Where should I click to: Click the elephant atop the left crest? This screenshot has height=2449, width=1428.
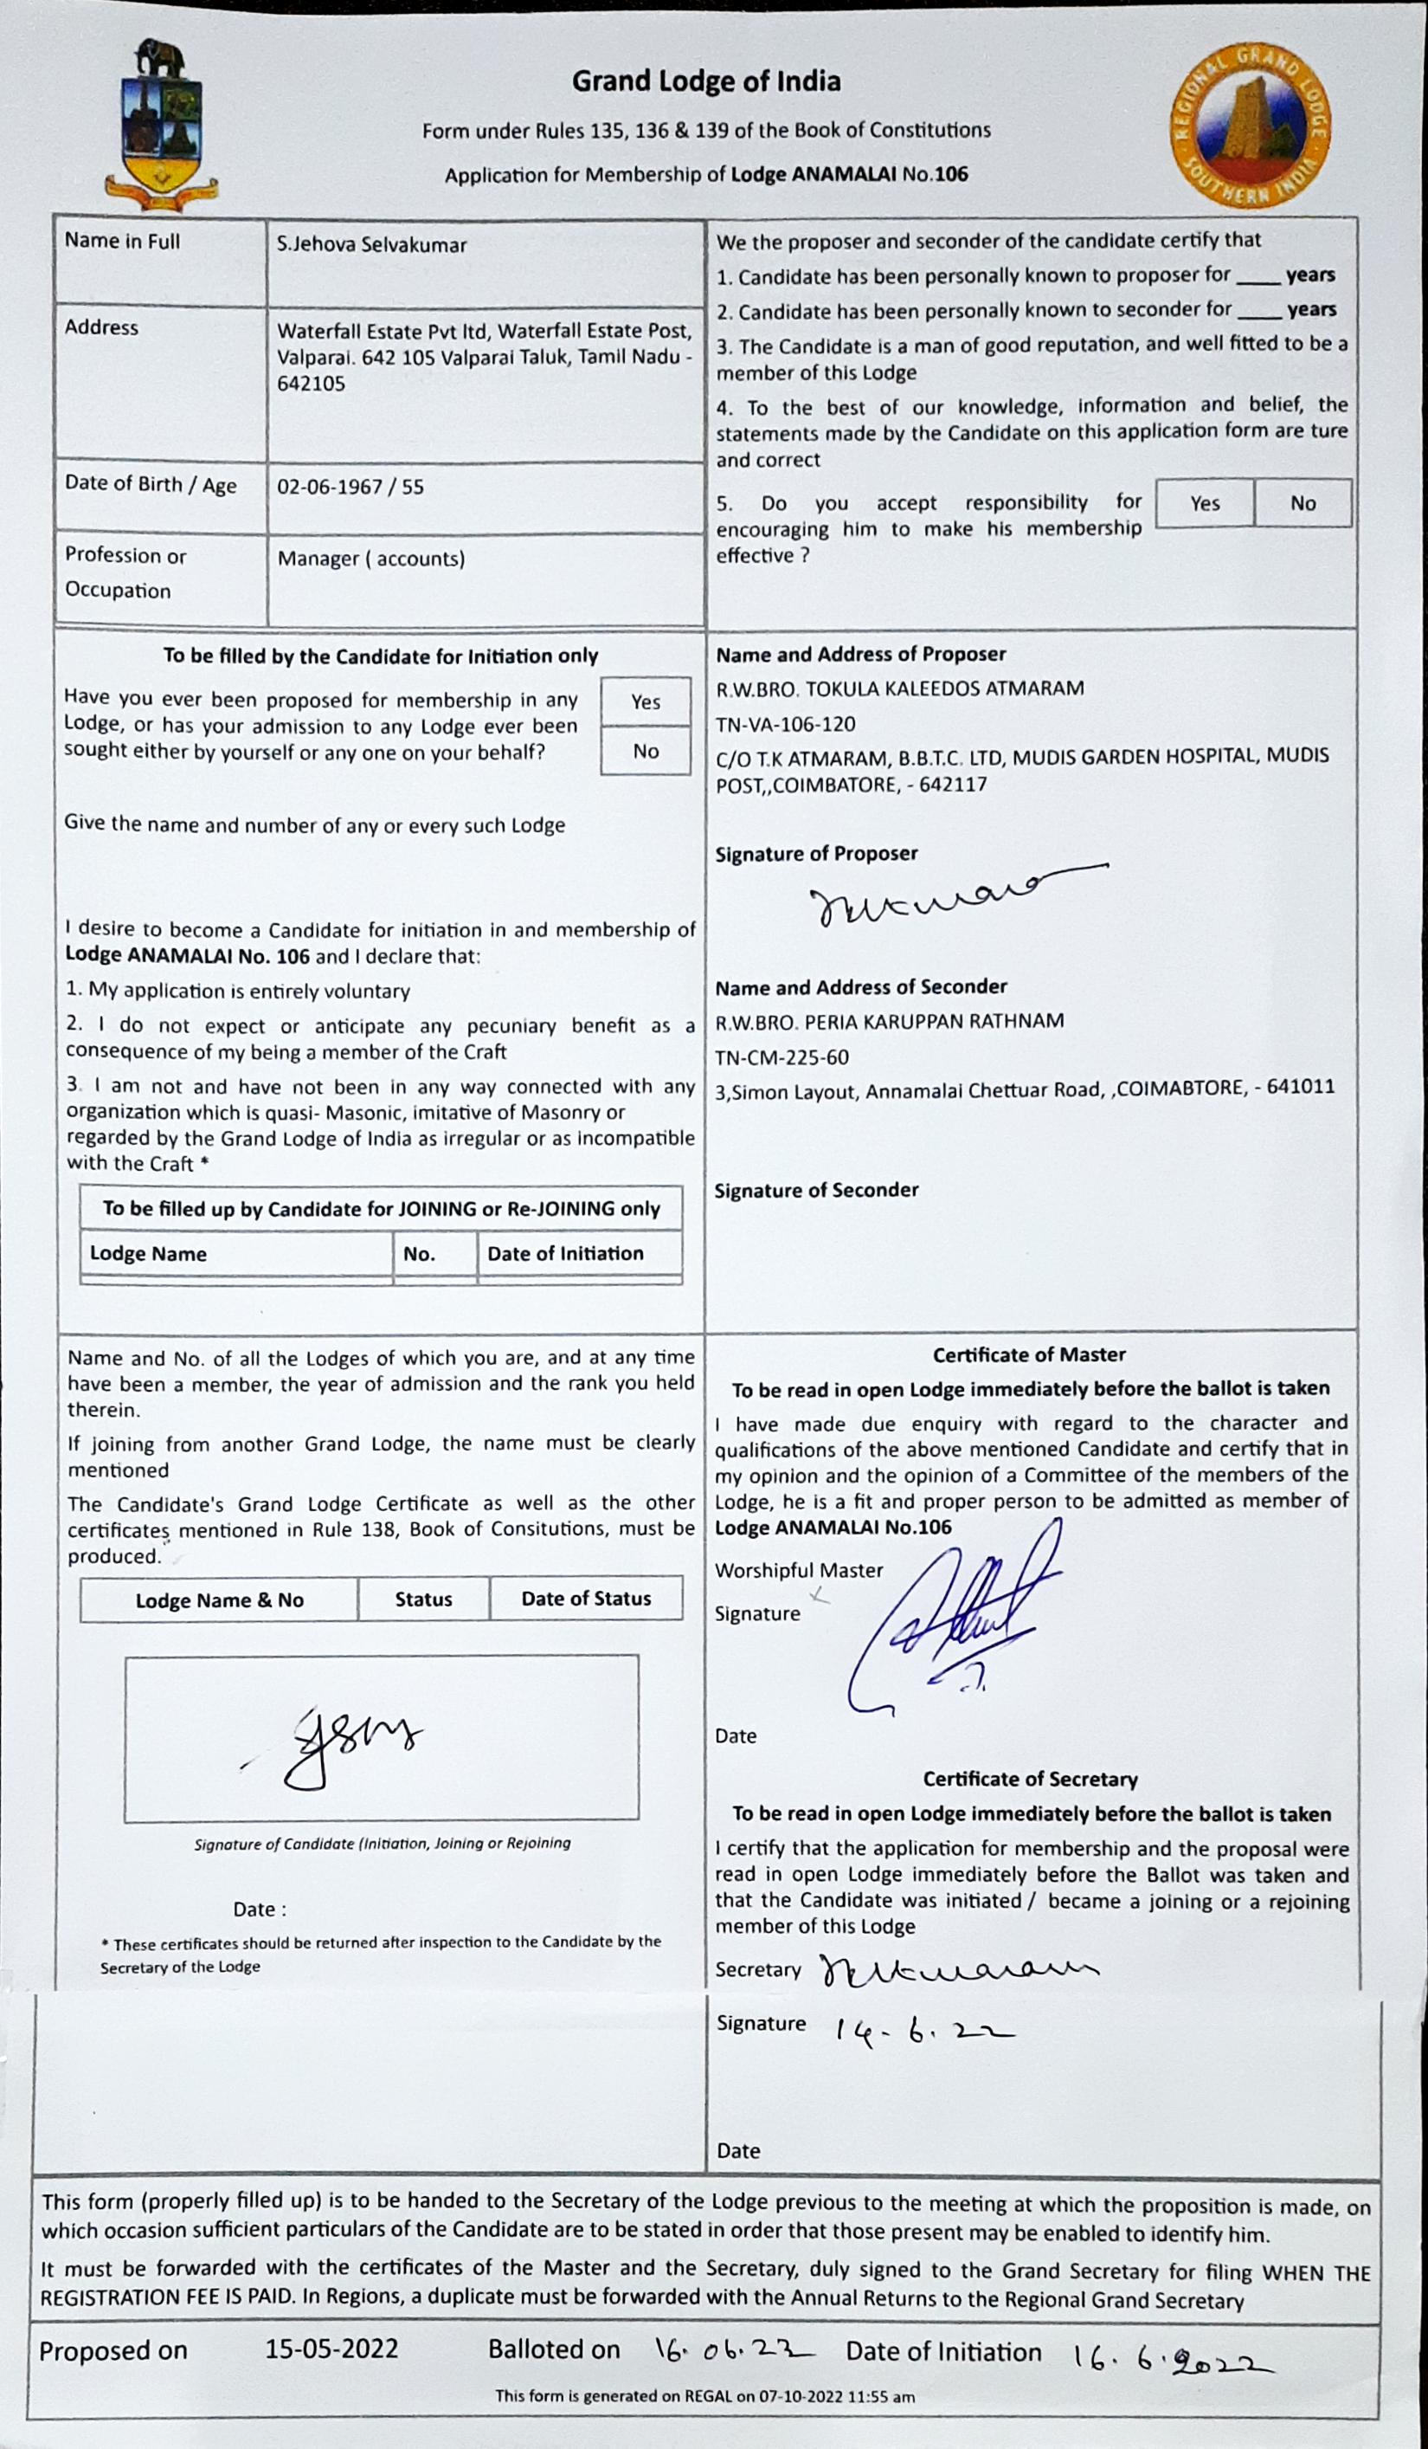(161, 57)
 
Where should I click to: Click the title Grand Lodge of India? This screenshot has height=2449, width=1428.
(706, 81)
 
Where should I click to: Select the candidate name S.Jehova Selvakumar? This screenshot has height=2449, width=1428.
(371, 244)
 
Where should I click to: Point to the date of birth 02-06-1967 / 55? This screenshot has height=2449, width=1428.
(351, 486)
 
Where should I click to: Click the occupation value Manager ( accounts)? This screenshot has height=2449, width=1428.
(371, 559)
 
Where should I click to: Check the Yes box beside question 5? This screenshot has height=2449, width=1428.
(1205, 503)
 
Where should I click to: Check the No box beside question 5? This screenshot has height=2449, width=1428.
(1303, 503)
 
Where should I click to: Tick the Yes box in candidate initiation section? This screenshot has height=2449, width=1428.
(645, 701)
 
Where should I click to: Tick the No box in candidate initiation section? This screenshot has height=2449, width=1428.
(645, 751)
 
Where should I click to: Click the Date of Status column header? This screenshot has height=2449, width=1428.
(586, 1599)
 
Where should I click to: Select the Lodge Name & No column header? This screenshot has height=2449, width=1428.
(220, 1600)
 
